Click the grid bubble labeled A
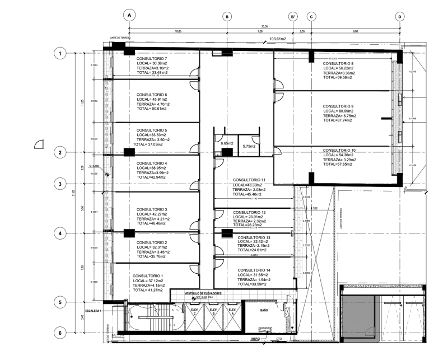129,16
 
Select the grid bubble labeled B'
293,16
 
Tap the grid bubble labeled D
400,16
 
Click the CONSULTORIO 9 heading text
338,106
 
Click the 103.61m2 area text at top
278,39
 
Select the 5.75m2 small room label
249,147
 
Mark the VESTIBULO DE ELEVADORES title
204,293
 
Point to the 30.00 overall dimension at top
264,26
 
